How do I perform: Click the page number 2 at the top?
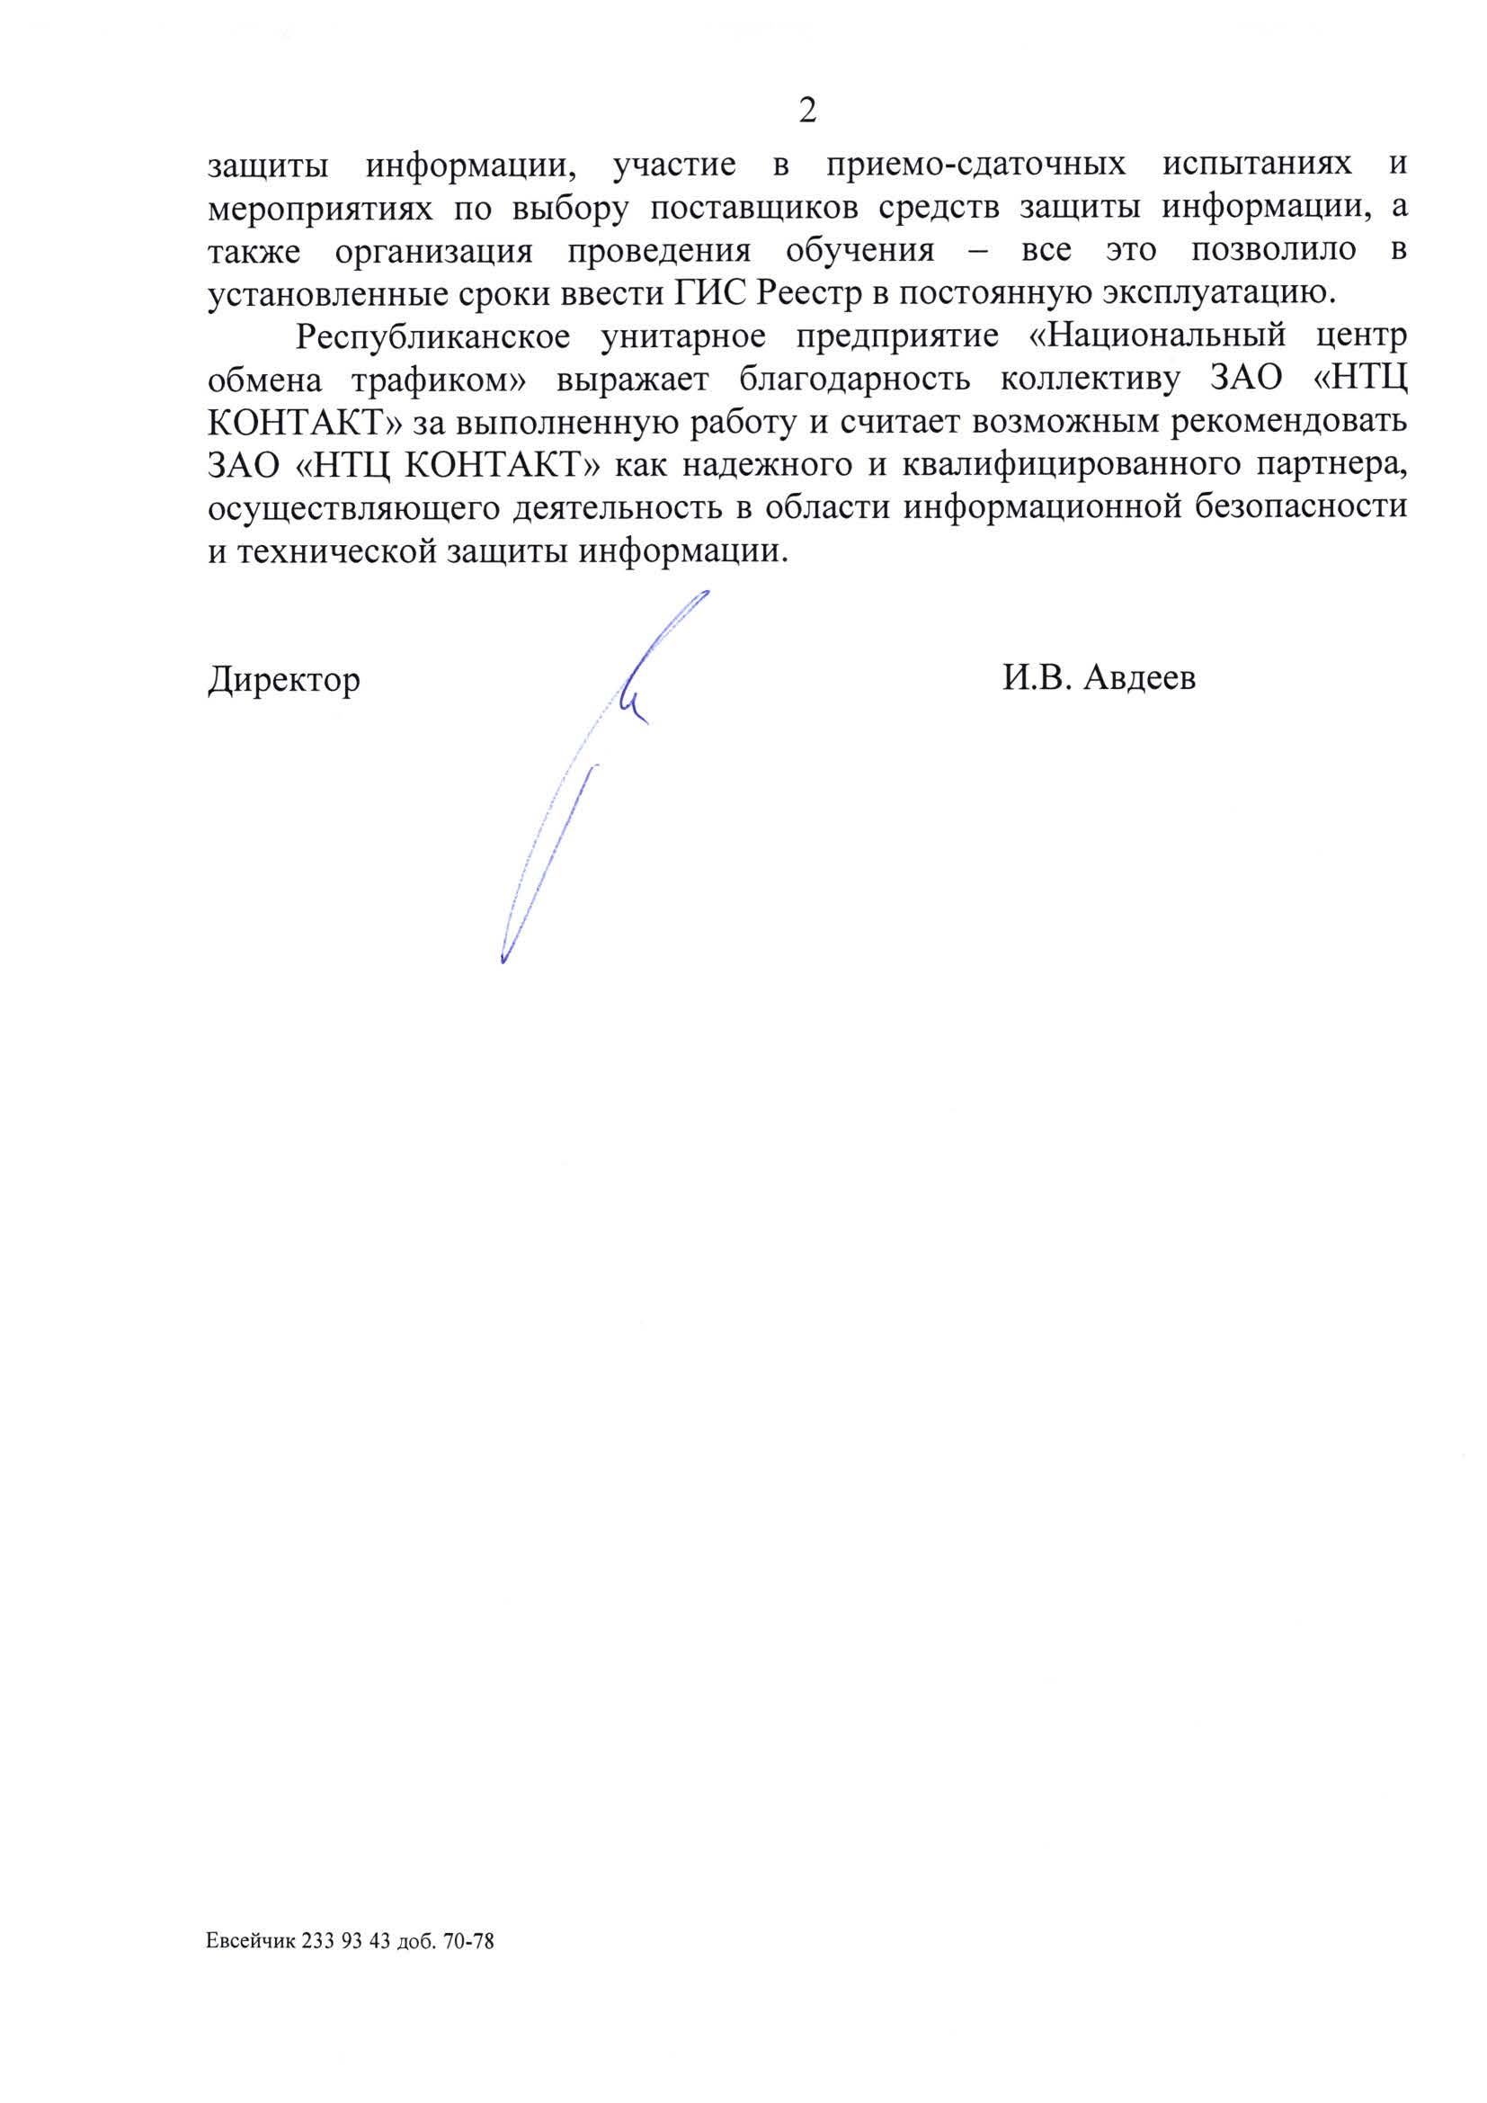[x=806, y=111]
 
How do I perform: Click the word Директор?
[x=284, y=681]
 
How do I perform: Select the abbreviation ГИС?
[x=711, y=294]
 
